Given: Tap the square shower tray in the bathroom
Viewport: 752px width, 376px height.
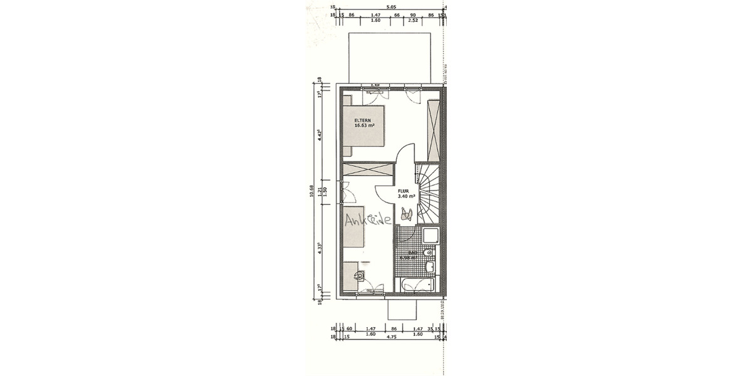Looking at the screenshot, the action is click(431, 237).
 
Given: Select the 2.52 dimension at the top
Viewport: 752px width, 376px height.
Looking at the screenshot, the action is click(413, 20).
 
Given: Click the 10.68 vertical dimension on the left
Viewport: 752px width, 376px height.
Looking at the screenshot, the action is click(311, 193).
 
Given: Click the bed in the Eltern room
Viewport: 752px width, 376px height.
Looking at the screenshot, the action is click(363, 125).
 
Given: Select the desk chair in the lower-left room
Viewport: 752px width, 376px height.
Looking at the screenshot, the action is click(360, 274).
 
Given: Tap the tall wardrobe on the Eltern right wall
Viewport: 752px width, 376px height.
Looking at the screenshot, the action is click(432, 130).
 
